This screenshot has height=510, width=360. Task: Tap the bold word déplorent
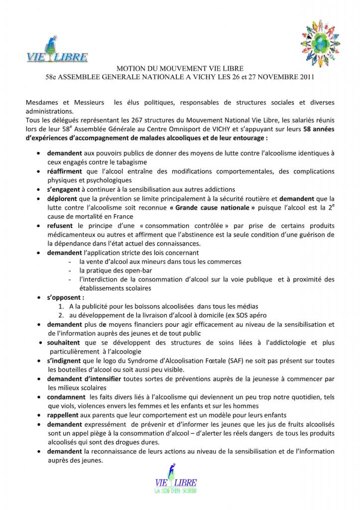[64, 198]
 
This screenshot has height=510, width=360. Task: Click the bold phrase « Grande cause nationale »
[220, 207]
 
